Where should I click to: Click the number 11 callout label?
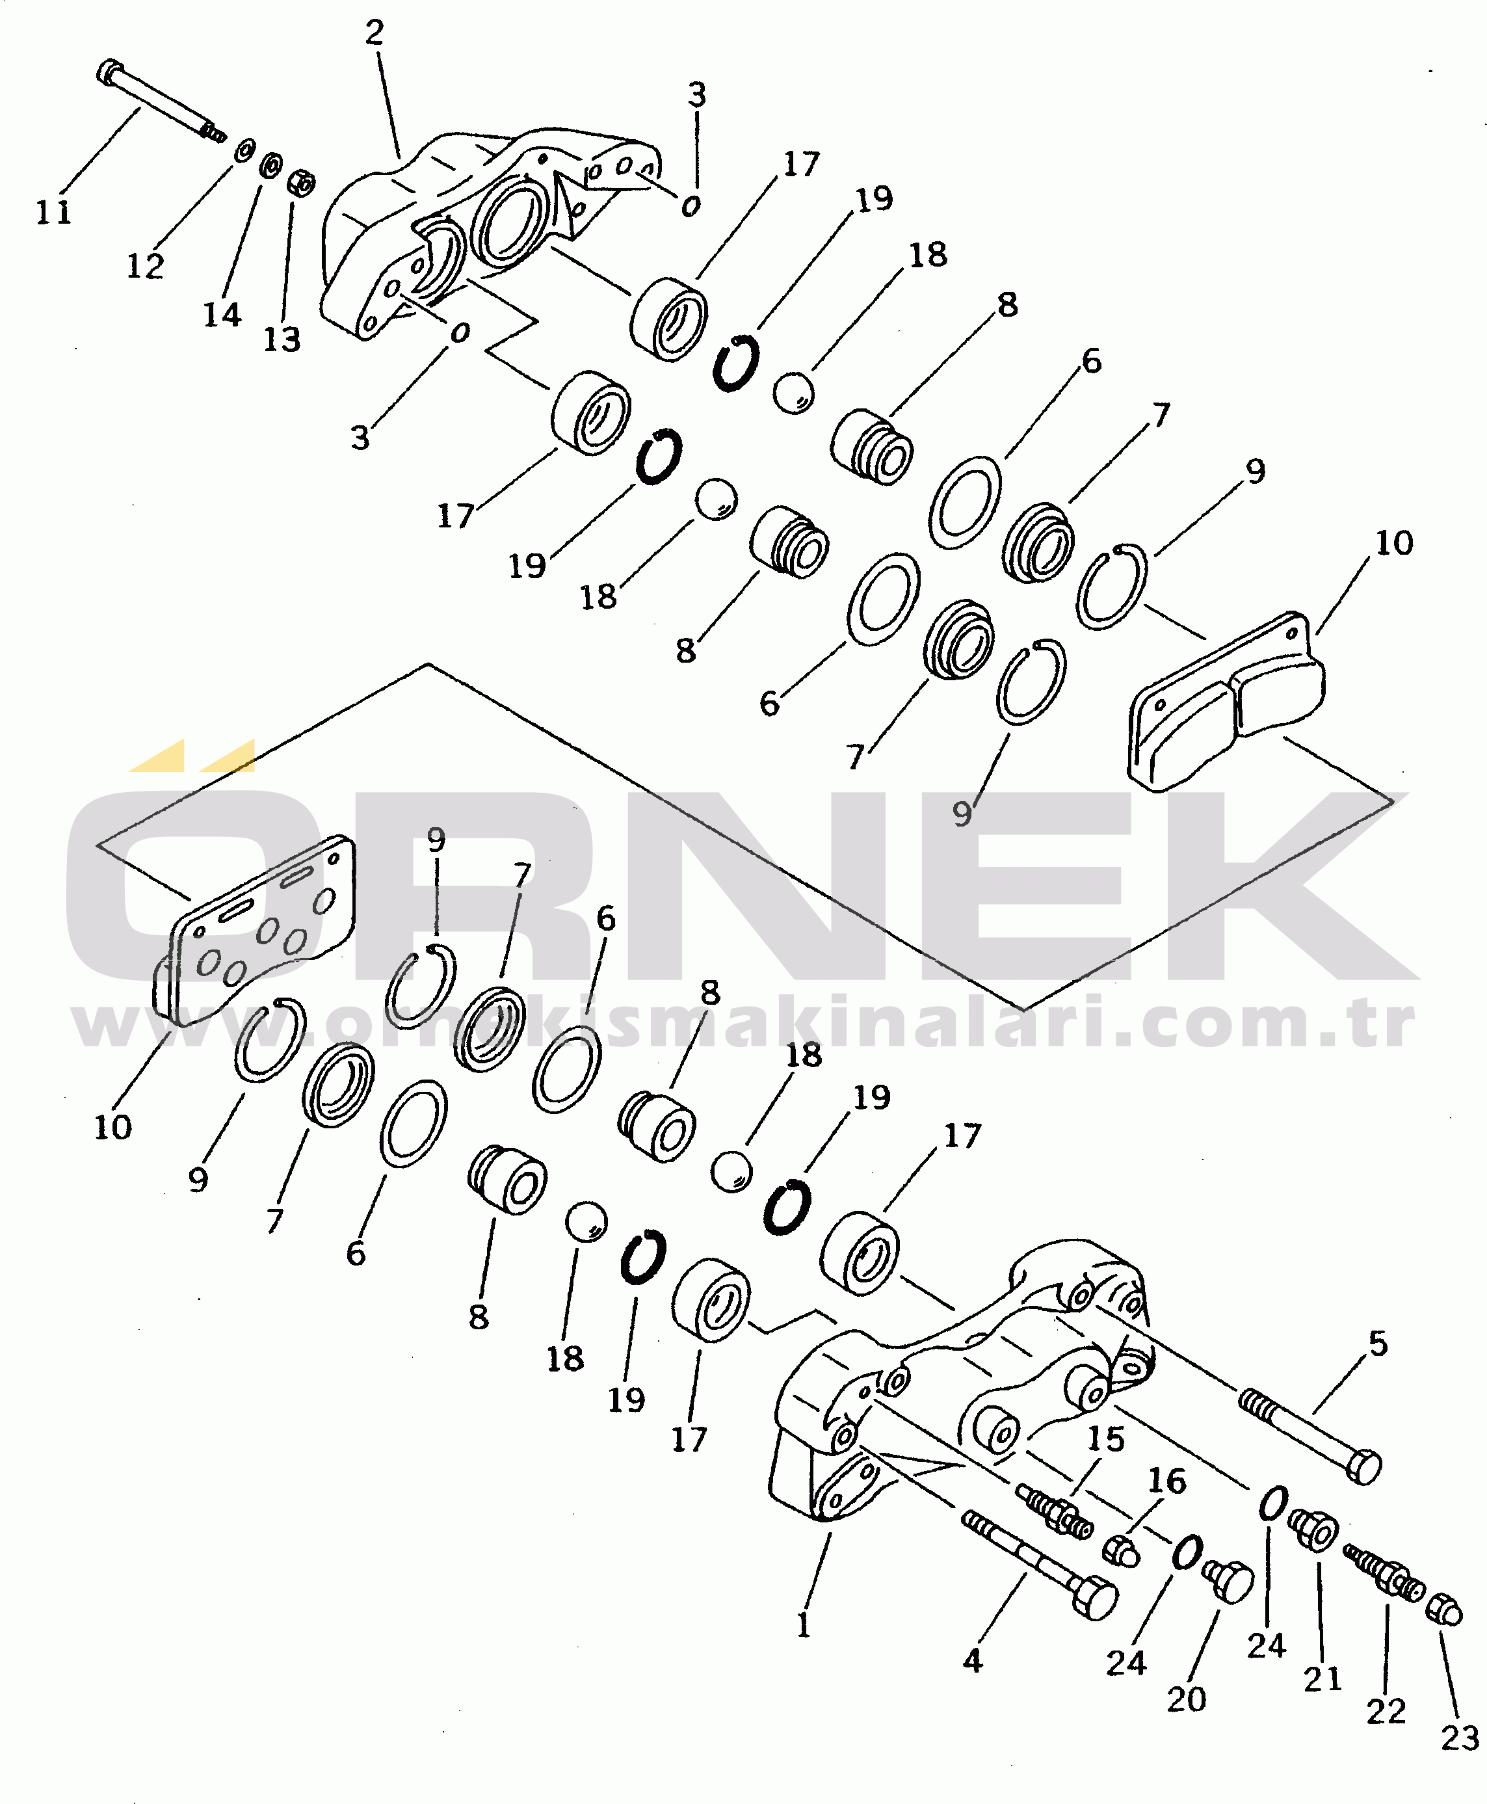tap(53, 211)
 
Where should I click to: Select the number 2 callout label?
tap(375, 33)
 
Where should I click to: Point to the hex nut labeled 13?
tap(300, 183)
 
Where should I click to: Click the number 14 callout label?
tap(222, 315)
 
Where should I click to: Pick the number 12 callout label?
tap(145, 267)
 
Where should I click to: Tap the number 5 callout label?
tap(1377, 1343)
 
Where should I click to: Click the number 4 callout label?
tap(972, 1661)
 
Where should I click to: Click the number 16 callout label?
tap(1166, 1481)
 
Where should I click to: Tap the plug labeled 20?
tap(1228, 1580)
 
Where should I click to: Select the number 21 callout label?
tap(1323, 1679)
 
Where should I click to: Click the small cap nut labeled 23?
tap(1445, 1610)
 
